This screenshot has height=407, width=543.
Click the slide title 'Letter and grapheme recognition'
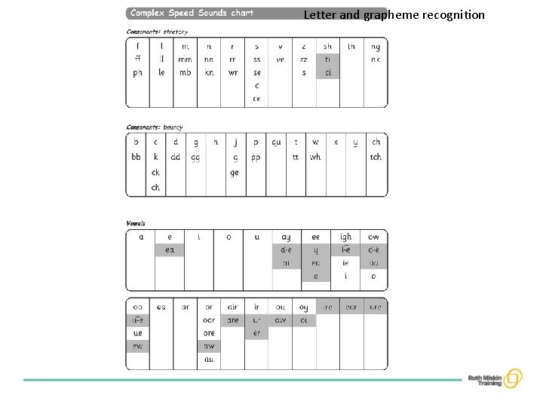point(394,14)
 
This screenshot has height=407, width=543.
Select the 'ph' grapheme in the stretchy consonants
point(137,73)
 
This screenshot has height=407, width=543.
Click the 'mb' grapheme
point(185,73)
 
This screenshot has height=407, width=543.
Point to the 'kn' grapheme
point(209,73)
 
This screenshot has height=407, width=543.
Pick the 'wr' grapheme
point(233,73)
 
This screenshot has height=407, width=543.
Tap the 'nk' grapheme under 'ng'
point(375,60)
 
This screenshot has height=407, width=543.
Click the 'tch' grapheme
point(376,158)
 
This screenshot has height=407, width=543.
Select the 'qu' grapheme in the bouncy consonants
point(276,142)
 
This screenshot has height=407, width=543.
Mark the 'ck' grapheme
point(155,173)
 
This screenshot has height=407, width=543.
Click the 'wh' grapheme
point(314,158)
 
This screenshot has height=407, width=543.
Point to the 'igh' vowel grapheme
point(345,237)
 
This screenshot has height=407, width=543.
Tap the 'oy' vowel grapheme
point(303,308)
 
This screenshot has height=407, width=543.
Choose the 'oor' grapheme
point(209,320)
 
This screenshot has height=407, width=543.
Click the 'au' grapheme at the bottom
point(209,360)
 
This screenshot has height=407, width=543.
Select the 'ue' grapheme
point(137,333)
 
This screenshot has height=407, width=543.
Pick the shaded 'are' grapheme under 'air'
point(233,320)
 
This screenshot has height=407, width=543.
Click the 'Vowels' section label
point(136,223)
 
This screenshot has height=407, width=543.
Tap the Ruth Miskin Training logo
point(495,378)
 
